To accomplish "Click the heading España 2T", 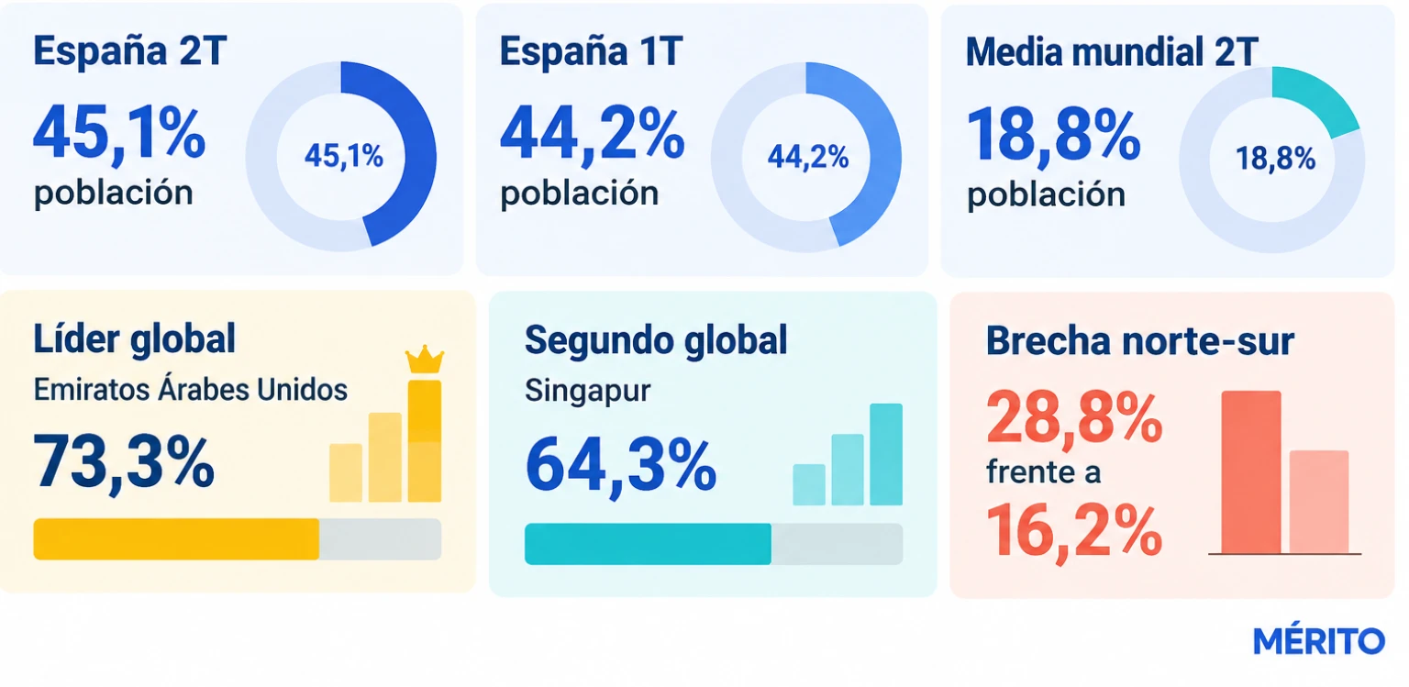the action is [x=129, y=51].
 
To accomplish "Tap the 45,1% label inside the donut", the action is [x=343, y=155].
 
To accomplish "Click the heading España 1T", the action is [x=592, y=51].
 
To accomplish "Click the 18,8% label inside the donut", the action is [x=1275, y=159].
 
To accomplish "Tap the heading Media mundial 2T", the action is [x=1112, y=51].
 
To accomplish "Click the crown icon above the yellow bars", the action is [x=425, y=360].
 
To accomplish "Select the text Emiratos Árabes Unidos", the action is [x=190, y=390].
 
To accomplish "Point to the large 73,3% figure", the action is [x=123, y=462].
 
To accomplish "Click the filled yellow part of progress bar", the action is [x=176, y=539].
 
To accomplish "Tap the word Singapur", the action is [x=587, y=391].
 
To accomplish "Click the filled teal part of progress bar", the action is [x=648, y=544].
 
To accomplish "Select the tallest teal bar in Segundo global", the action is [x=886, y=454].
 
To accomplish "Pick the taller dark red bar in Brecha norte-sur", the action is [x=1251, y=472].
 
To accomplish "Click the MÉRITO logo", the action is [x=1318, y=640].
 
